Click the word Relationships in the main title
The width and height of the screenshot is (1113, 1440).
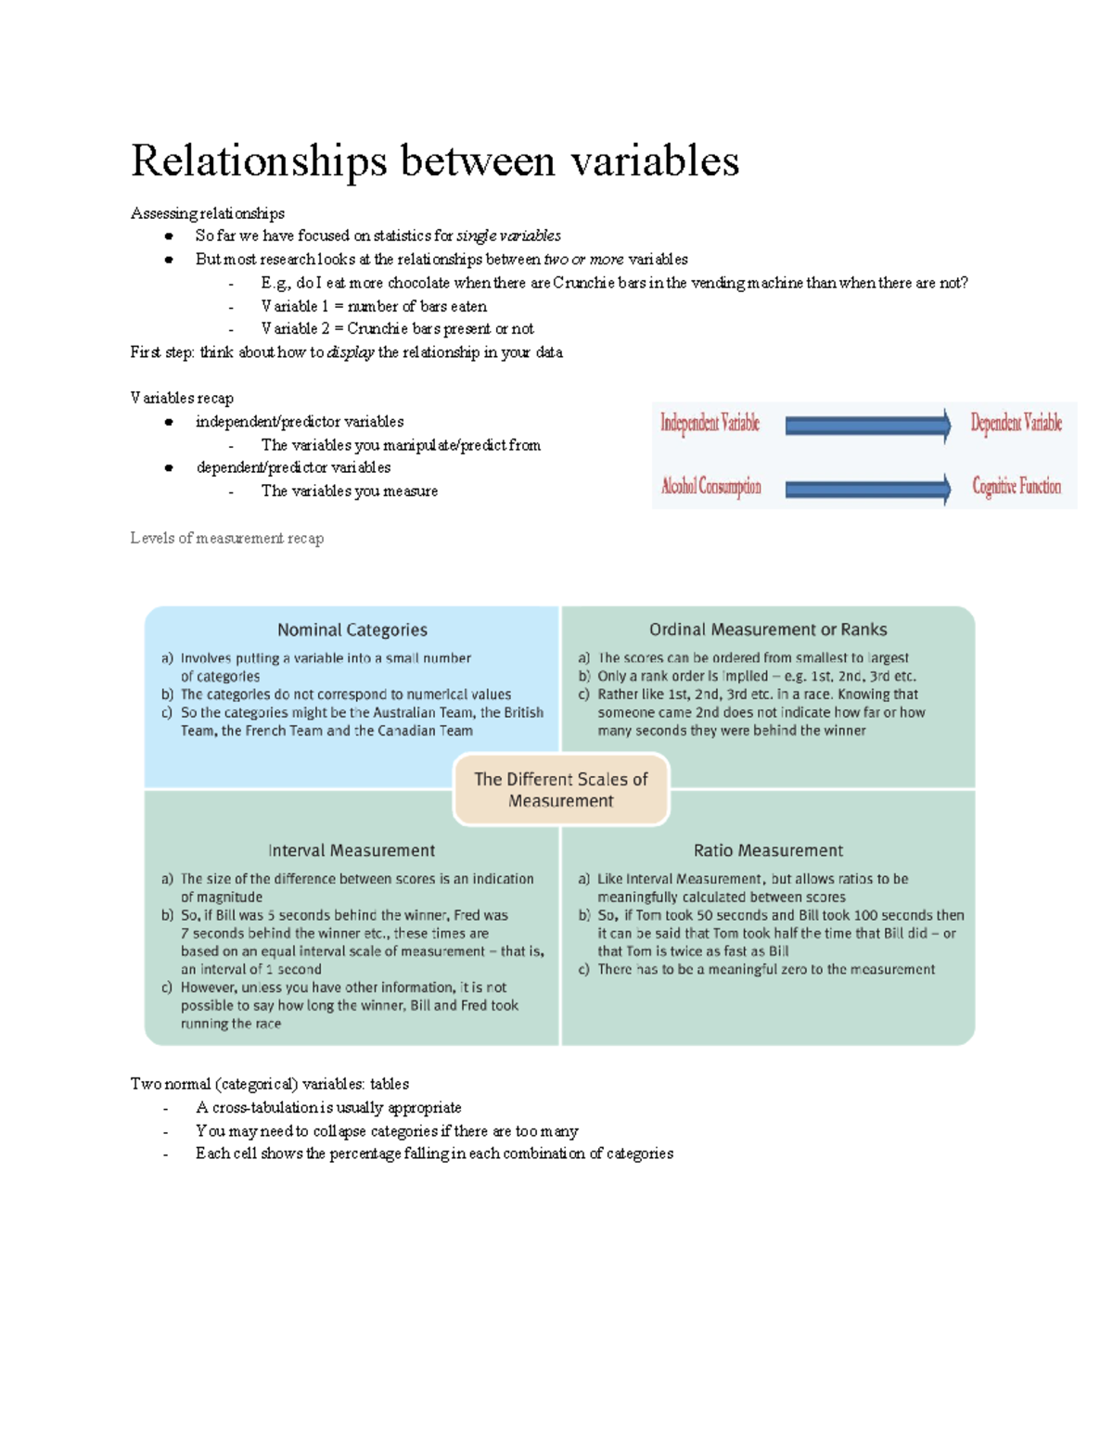[259, 161]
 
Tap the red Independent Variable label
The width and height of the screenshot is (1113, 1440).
[710, 424]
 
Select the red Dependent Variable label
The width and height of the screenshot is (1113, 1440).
[1016, 424]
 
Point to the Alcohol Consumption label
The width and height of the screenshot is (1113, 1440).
[710, 487]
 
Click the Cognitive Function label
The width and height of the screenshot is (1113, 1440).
[1016, 487]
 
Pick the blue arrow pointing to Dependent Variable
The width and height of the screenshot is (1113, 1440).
[867, 426]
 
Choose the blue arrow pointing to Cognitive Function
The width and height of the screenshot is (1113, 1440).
[867, 489]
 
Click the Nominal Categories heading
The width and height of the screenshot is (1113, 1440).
[352, 631]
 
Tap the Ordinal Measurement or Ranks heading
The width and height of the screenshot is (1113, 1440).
[767, 631]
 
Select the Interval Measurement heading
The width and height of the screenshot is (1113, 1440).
[351, 850]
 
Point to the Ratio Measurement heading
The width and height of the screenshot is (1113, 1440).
[768, 850]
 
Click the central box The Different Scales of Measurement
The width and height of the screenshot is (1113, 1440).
[560, 790]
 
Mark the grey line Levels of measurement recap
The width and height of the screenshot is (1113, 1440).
[227, 539]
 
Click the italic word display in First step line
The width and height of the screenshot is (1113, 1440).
[351, 352]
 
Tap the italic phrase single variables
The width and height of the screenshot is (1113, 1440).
[508, 236]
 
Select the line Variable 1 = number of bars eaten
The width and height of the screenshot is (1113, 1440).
[373, 307]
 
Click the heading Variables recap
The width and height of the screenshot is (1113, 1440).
[182, 399]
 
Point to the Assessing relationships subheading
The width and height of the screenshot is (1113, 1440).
[207, 214]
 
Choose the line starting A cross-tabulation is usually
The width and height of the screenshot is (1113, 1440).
[328, 1108]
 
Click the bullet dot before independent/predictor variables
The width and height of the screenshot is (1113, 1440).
[169, 423]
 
